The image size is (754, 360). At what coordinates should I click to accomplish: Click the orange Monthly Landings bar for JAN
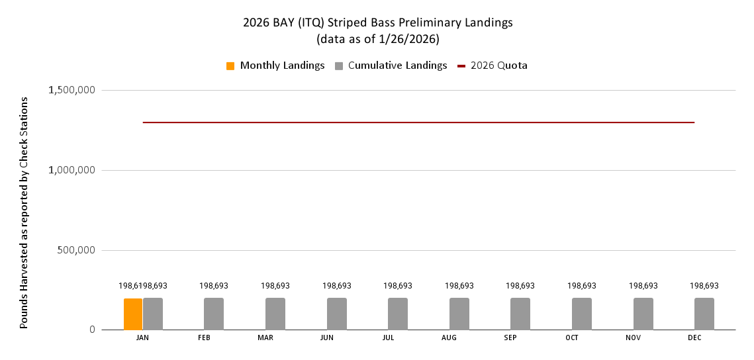coord(133,314)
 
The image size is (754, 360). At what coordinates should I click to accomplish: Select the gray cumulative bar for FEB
coord(214,314)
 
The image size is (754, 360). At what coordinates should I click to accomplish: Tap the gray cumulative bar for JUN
coord(337,314)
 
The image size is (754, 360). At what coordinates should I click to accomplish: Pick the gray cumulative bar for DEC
coord(704,314)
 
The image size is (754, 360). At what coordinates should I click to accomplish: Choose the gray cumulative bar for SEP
coord(520,314)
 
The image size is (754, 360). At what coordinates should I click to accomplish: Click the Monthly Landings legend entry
coord(275,66)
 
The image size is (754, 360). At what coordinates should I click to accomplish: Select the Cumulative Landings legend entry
coord(391,66)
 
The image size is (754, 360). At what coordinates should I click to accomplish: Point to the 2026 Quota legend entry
coord(493,66)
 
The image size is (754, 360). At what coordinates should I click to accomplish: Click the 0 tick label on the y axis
coord(92,330)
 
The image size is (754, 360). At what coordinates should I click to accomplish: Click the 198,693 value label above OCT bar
coord(582,286)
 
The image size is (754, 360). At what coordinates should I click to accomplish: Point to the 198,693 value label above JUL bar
coord(398,286)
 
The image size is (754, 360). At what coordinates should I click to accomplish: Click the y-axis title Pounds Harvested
coord(24,212)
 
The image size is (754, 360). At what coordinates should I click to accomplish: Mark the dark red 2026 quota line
coord(418,122)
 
